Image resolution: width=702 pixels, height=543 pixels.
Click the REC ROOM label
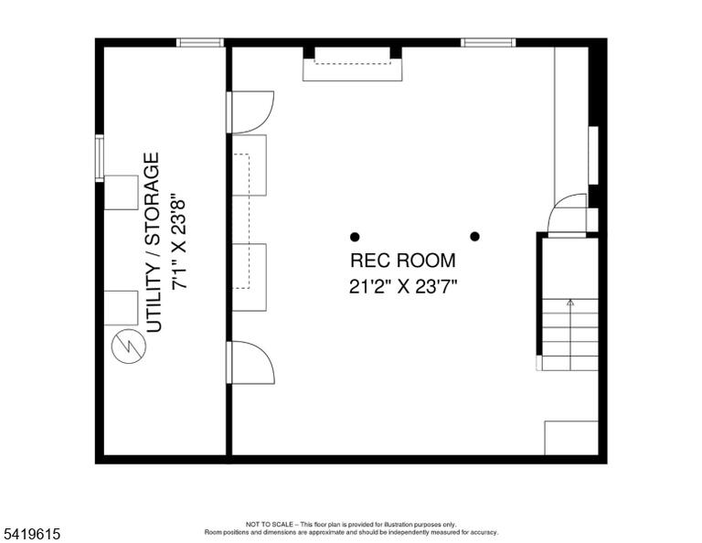tap(402, 261)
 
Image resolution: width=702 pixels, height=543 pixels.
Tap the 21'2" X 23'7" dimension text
tap(402, 286)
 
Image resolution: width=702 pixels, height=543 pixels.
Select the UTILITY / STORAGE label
tap(153, 242)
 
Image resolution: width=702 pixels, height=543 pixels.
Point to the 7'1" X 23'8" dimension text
tap(178, 241)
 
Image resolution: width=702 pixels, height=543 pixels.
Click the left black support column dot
tap(355, 237)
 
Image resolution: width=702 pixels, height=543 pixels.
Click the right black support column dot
tap(475, 236)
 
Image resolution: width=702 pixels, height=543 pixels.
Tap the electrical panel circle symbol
tap(129, 346)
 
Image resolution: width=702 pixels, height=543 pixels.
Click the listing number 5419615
tap(31, 534)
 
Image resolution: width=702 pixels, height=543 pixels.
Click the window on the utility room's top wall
tap(199, 43)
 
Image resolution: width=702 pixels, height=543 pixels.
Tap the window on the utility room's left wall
tap(100, 158)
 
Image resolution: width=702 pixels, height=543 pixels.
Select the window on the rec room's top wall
tap(488, 43)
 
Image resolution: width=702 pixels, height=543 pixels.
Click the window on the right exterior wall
tap(593, 155)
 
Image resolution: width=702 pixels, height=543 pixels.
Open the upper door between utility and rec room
tap(250, 112)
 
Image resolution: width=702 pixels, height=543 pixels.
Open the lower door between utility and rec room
tap(250, 362)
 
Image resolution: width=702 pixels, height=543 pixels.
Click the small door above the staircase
tap(568, 214)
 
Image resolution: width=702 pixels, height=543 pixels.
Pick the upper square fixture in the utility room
tap(122, 193)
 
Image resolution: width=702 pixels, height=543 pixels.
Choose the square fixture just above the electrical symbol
tap(122, 308)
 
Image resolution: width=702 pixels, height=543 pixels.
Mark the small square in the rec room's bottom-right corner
tap(571, 438)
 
